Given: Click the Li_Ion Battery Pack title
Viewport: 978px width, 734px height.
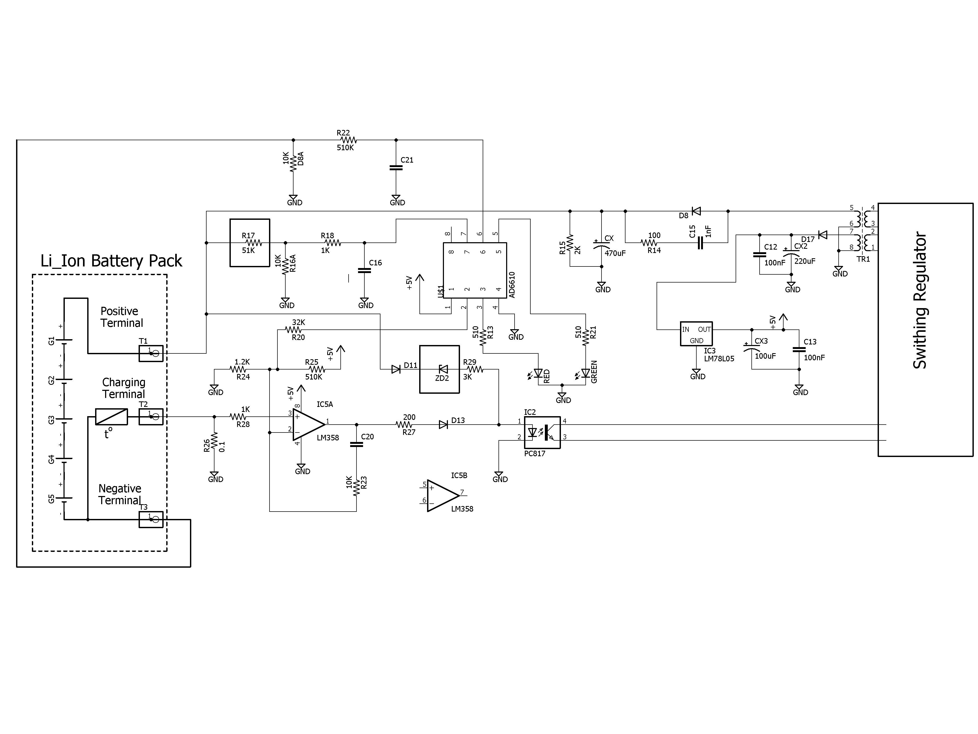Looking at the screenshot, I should point(111,261).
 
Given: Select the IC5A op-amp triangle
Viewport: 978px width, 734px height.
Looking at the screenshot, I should point(308,425).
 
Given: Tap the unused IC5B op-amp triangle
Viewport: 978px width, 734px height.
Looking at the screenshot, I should point(442,496).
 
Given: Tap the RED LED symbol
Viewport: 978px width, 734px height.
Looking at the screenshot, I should point(538,374).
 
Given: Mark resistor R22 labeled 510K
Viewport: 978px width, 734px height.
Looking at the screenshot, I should point(345,140).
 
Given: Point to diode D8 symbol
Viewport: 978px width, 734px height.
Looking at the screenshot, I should point(696,211).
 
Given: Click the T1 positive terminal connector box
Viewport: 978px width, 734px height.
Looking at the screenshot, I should point(151,353).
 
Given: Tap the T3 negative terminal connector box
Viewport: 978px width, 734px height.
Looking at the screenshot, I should point(151,519).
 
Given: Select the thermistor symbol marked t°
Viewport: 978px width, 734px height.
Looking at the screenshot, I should point(111,416).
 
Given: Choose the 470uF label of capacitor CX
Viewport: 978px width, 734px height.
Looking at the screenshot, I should point(615,253).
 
